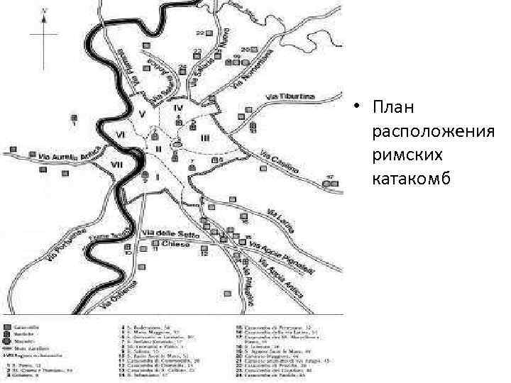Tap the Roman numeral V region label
pos(143,113)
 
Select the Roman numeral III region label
pos(204,136)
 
